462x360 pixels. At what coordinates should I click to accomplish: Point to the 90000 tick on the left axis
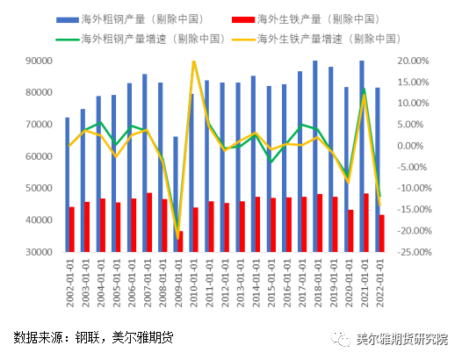[x=36, y=61]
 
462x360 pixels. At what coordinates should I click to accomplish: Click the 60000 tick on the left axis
[x=36, y=156]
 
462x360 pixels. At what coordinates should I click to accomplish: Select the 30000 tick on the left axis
[x=36, y=252]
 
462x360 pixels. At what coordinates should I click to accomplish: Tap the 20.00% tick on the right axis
[x=412, y=61]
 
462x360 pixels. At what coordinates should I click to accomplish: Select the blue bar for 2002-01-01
[x=67, y=184]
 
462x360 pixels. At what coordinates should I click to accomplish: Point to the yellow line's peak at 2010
[x=193, y=61]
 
